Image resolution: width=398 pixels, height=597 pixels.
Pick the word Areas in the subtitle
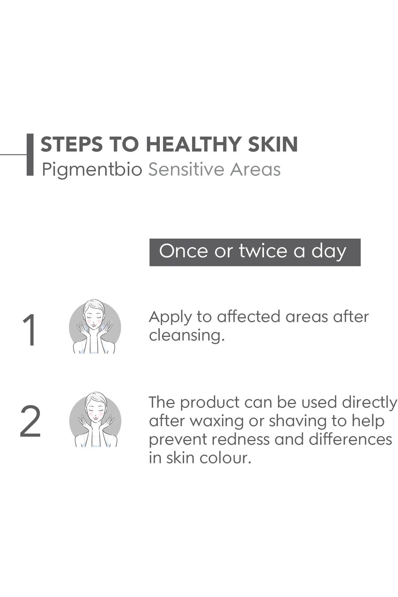[x=256, y=169]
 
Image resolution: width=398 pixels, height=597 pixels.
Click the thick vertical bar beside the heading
[x=30, y=155]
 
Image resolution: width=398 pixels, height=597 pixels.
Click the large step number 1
[x=30, y=330]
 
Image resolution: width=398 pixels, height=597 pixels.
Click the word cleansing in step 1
[x=187, y=335]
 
